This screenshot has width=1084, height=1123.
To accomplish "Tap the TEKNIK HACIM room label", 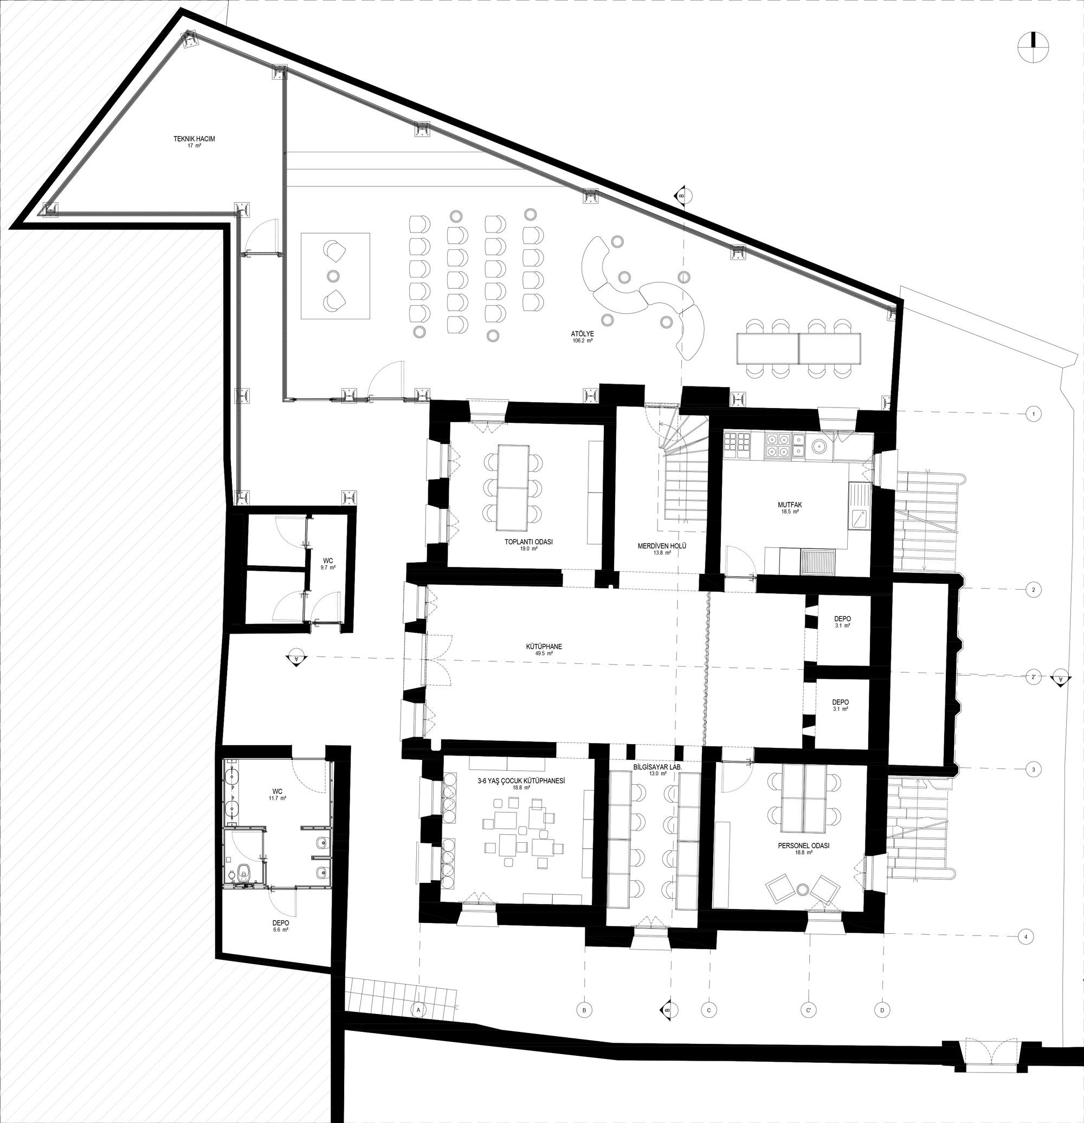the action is click(x=194, y=139).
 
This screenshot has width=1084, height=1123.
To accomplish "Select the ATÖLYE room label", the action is click(x=582, y=333).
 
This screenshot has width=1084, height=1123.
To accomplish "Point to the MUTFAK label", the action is click(x=790, y=505).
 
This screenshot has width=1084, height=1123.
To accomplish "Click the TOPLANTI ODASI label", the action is click(x=528, y=541).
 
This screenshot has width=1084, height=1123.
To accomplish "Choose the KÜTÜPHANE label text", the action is click(x=544, y=646).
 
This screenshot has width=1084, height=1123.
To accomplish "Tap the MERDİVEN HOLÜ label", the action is click(x=662, y=546).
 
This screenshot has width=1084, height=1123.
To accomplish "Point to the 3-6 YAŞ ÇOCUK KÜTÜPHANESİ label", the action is click(x=521, y=781).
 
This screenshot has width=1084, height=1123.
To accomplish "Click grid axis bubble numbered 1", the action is click(x=1033, y=414).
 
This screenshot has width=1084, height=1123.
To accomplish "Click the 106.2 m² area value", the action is click(x=582, y=341).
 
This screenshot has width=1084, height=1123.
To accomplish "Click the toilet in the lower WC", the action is click(x=243, y=873).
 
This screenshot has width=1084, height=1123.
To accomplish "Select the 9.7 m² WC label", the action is click(x=328, y=568).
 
